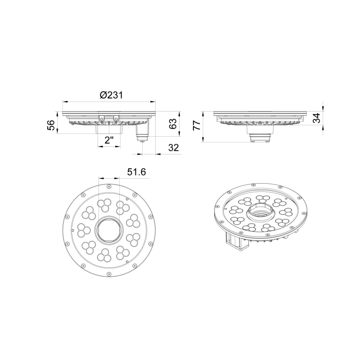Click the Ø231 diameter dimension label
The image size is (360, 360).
click(x=111, y=95)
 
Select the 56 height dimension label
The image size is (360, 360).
click(x=51, y=125)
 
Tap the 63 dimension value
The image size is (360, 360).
click(x=173, y=124)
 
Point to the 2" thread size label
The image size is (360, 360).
click(x=109, y=140)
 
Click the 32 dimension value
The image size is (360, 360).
click(x=173, y=148)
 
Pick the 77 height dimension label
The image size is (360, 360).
click(x=197, y=126)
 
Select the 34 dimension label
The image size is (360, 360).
click(x=317, y=118)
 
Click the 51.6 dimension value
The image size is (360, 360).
click(x=137, y=172)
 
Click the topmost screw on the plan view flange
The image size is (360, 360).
click(x=109, y=186)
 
